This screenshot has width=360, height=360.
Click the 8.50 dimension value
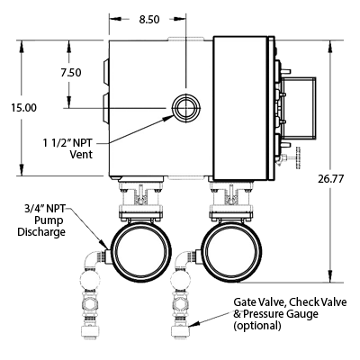tap(149, 20)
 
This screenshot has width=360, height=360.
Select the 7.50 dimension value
tap(71, 73)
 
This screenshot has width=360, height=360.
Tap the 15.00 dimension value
tap(24, 108)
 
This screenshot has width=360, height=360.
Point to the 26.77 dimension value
tap(331, 179)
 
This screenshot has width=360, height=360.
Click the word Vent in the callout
tap(81, 155)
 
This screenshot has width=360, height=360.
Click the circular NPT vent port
tap(185, 107)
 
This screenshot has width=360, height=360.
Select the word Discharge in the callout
tap(41, 232)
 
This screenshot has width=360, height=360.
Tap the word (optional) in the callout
tap(257, 326)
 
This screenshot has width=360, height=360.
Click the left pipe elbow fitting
tap(93, 258)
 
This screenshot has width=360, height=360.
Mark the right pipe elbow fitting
tap(183, 258)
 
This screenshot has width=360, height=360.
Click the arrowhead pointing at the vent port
tap(168, 118)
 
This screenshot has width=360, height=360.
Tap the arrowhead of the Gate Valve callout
tap(193, 323)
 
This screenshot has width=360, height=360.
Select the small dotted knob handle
tap(298, 157)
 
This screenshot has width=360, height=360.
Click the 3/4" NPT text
tap(45, 209)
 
